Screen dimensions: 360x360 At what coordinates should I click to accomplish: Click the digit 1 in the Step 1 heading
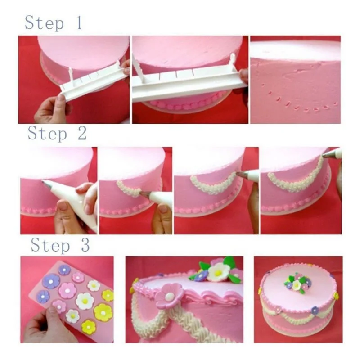point(79,22)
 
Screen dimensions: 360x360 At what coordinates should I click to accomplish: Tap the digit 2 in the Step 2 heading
point(81,133)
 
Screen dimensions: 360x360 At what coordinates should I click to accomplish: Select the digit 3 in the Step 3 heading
point(84,245)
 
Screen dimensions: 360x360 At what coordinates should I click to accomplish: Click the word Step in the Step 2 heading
point(47,134)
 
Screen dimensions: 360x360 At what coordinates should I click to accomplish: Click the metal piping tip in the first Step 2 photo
point(46,183)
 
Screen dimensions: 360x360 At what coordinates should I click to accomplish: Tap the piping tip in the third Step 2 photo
point(243,174)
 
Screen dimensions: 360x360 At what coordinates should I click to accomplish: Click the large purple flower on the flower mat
point(51,281)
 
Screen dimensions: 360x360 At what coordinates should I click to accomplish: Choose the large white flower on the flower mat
point(85,301)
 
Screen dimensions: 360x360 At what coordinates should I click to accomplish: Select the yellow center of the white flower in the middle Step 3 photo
point(218,272)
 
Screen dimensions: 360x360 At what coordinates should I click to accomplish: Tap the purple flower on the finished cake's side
point(315,310)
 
